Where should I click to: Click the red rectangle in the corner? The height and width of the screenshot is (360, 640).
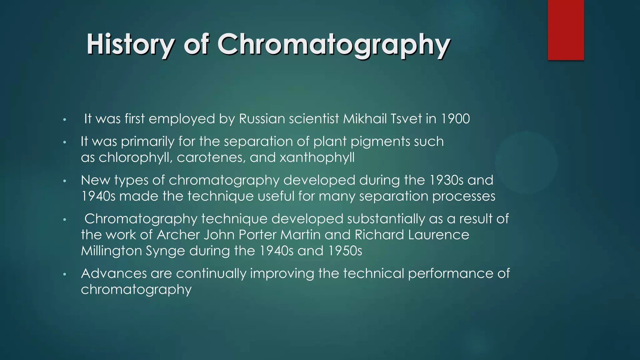[x=566, y=30]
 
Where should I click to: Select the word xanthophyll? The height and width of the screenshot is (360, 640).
[x=317, y=157]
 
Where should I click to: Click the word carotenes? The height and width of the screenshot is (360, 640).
[x=211, y=157]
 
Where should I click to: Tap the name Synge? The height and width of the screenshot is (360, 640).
[x=165, y=251]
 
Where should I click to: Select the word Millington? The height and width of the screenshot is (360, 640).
[x=111, y=251]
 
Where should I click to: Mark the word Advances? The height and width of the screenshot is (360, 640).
[x=114, y=273]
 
